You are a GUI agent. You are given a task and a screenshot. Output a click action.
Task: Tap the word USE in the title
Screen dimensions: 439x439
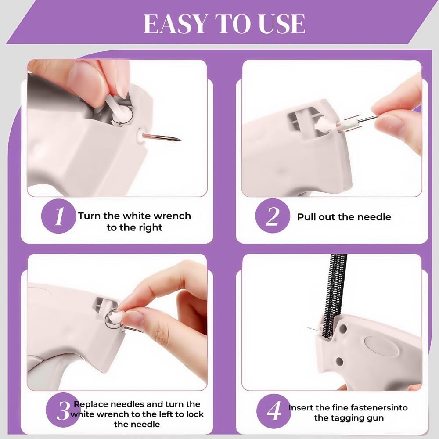(x=282, y=24)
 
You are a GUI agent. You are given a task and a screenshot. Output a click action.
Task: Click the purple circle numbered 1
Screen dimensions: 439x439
(x=58, y=216)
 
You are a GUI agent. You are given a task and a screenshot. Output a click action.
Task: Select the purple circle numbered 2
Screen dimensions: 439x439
(x=273, y=216)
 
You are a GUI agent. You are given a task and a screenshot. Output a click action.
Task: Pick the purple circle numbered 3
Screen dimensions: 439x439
(x=63, y=410)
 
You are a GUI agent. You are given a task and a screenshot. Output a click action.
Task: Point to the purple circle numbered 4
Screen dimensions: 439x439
(x=273, y=411)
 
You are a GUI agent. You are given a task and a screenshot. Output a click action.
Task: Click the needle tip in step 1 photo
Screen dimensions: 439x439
(x=180, y=140)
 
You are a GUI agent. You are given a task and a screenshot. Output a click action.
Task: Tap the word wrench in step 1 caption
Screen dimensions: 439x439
(x=173, y=216)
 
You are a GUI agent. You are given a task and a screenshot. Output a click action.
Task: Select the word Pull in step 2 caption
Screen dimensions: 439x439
(x=306, y=217)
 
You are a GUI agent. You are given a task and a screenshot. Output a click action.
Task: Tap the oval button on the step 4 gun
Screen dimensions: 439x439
(x=381, y=346)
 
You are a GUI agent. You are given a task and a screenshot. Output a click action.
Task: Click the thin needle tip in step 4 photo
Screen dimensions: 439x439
(x=307, y=327)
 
